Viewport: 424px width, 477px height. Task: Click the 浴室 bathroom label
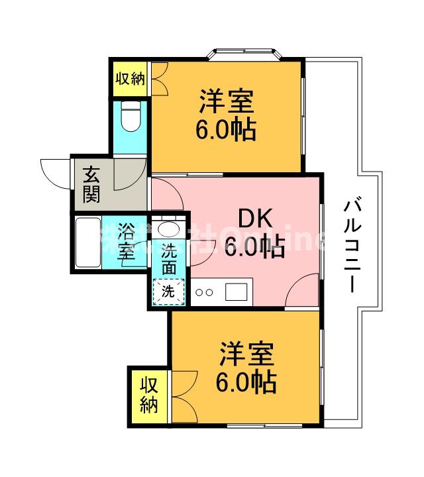click(127, 241)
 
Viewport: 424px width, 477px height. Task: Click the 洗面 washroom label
click(170, 259)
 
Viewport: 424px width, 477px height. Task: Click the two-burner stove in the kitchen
click(204, 291)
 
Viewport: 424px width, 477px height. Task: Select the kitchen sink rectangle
click(237, 291)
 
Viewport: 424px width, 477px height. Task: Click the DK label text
click(253, 218)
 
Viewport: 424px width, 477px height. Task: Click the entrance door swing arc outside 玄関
click(56, 172)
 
